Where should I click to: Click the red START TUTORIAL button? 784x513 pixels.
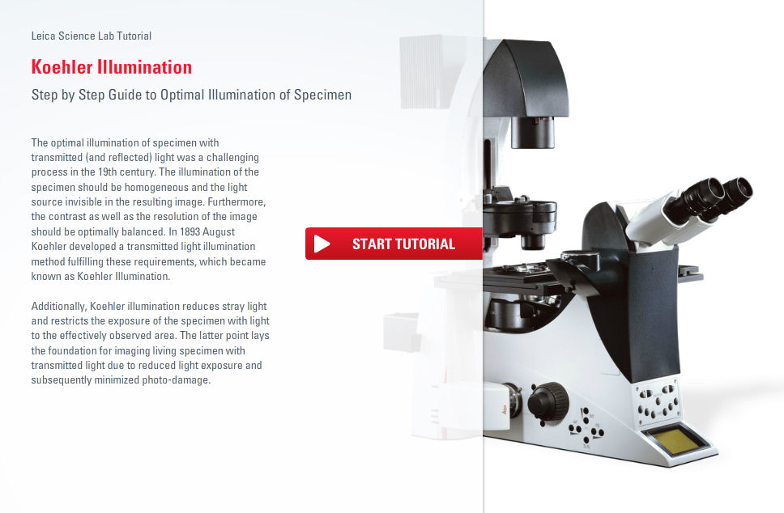click(x=394, y=244)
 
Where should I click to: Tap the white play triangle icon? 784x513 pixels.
click(x=322, y=244)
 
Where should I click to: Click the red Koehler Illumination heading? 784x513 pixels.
click(x=112, y=67)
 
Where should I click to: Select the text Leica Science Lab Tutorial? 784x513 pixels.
click(x=91, y=36)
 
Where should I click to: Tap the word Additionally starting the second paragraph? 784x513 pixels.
click(x=59, y=306)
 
